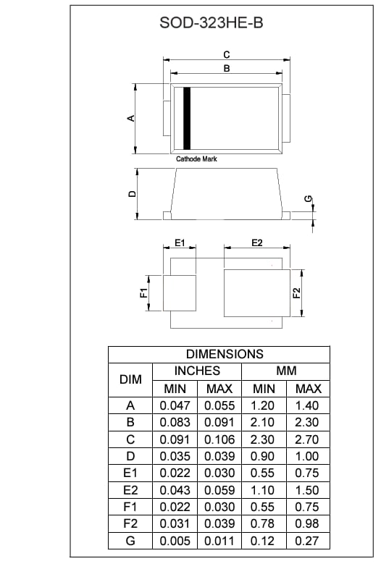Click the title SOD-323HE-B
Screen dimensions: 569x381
pos(211,23)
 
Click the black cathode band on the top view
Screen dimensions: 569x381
pos(186,118)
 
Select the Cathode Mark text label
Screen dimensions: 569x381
pos(196,159)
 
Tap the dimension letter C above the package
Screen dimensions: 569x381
pos(226,54)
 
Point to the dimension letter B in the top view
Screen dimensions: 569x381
pos(226,68)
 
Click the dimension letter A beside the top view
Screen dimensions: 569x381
pos(131,118)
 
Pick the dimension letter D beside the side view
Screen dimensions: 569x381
pos(131,194)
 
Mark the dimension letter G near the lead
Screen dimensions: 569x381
pos(308,198)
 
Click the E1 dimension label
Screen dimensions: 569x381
pos(180,243)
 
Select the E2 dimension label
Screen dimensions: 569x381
pos(256,243)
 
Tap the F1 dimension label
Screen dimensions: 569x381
pos(143,292)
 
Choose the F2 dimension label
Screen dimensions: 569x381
pos(296,292)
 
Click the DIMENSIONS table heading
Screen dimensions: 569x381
pos(225,354)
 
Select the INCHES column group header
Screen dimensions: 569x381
pos(197,371)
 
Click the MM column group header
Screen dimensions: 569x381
pos(286,371)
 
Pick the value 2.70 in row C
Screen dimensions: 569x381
pos(309,439)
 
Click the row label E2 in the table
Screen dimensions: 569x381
pos(130,490)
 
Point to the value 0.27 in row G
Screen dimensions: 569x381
pos(309,541)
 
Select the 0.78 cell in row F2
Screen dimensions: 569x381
pos(264,524)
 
